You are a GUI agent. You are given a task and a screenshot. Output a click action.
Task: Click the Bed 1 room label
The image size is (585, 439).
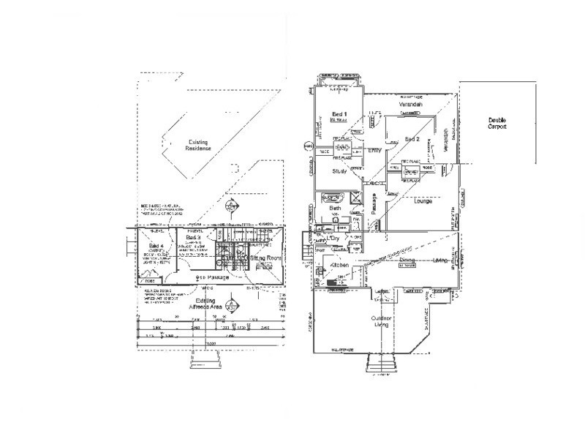[x=338, y=114]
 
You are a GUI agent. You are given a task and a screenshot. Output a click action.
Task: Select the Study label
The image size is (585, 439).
[x=339, y=172]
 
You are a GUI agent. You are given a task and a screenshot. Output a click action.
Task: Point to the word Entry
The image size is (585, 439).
[x=375, y=151]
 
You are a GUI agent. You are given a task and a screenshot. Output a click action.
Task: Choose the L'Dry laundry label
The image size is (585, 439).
[x=336, y=239]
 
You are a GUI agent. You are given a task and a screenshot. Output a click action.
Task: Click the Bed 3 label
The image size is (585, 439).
[x=193, y=238]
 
